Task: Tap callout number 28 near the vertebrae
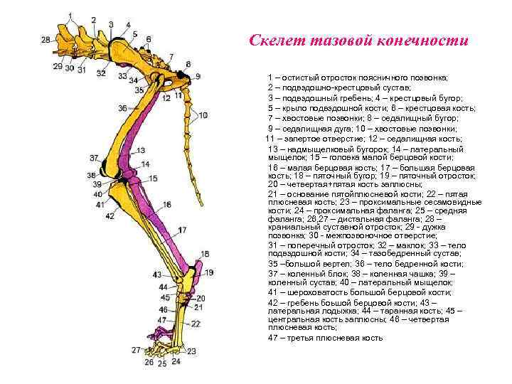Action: point(46,40)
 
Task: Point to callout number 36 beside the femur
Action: point(122,107)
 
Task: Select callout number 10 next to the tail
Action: point(203,115)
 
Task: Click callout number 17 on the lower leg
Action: point(183,230)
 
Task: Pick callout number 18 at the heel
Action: point(205,254)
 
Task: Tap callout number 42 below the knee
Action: point(110,215)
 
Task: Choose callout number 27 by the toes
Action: point(136,350)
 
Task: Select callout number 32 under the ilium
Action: point(101,73)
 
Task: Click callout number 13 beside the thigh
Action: point(140,150)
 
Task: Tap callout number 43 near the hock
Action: point(157,274)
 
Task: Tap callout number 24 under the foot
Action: point(176,361)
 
